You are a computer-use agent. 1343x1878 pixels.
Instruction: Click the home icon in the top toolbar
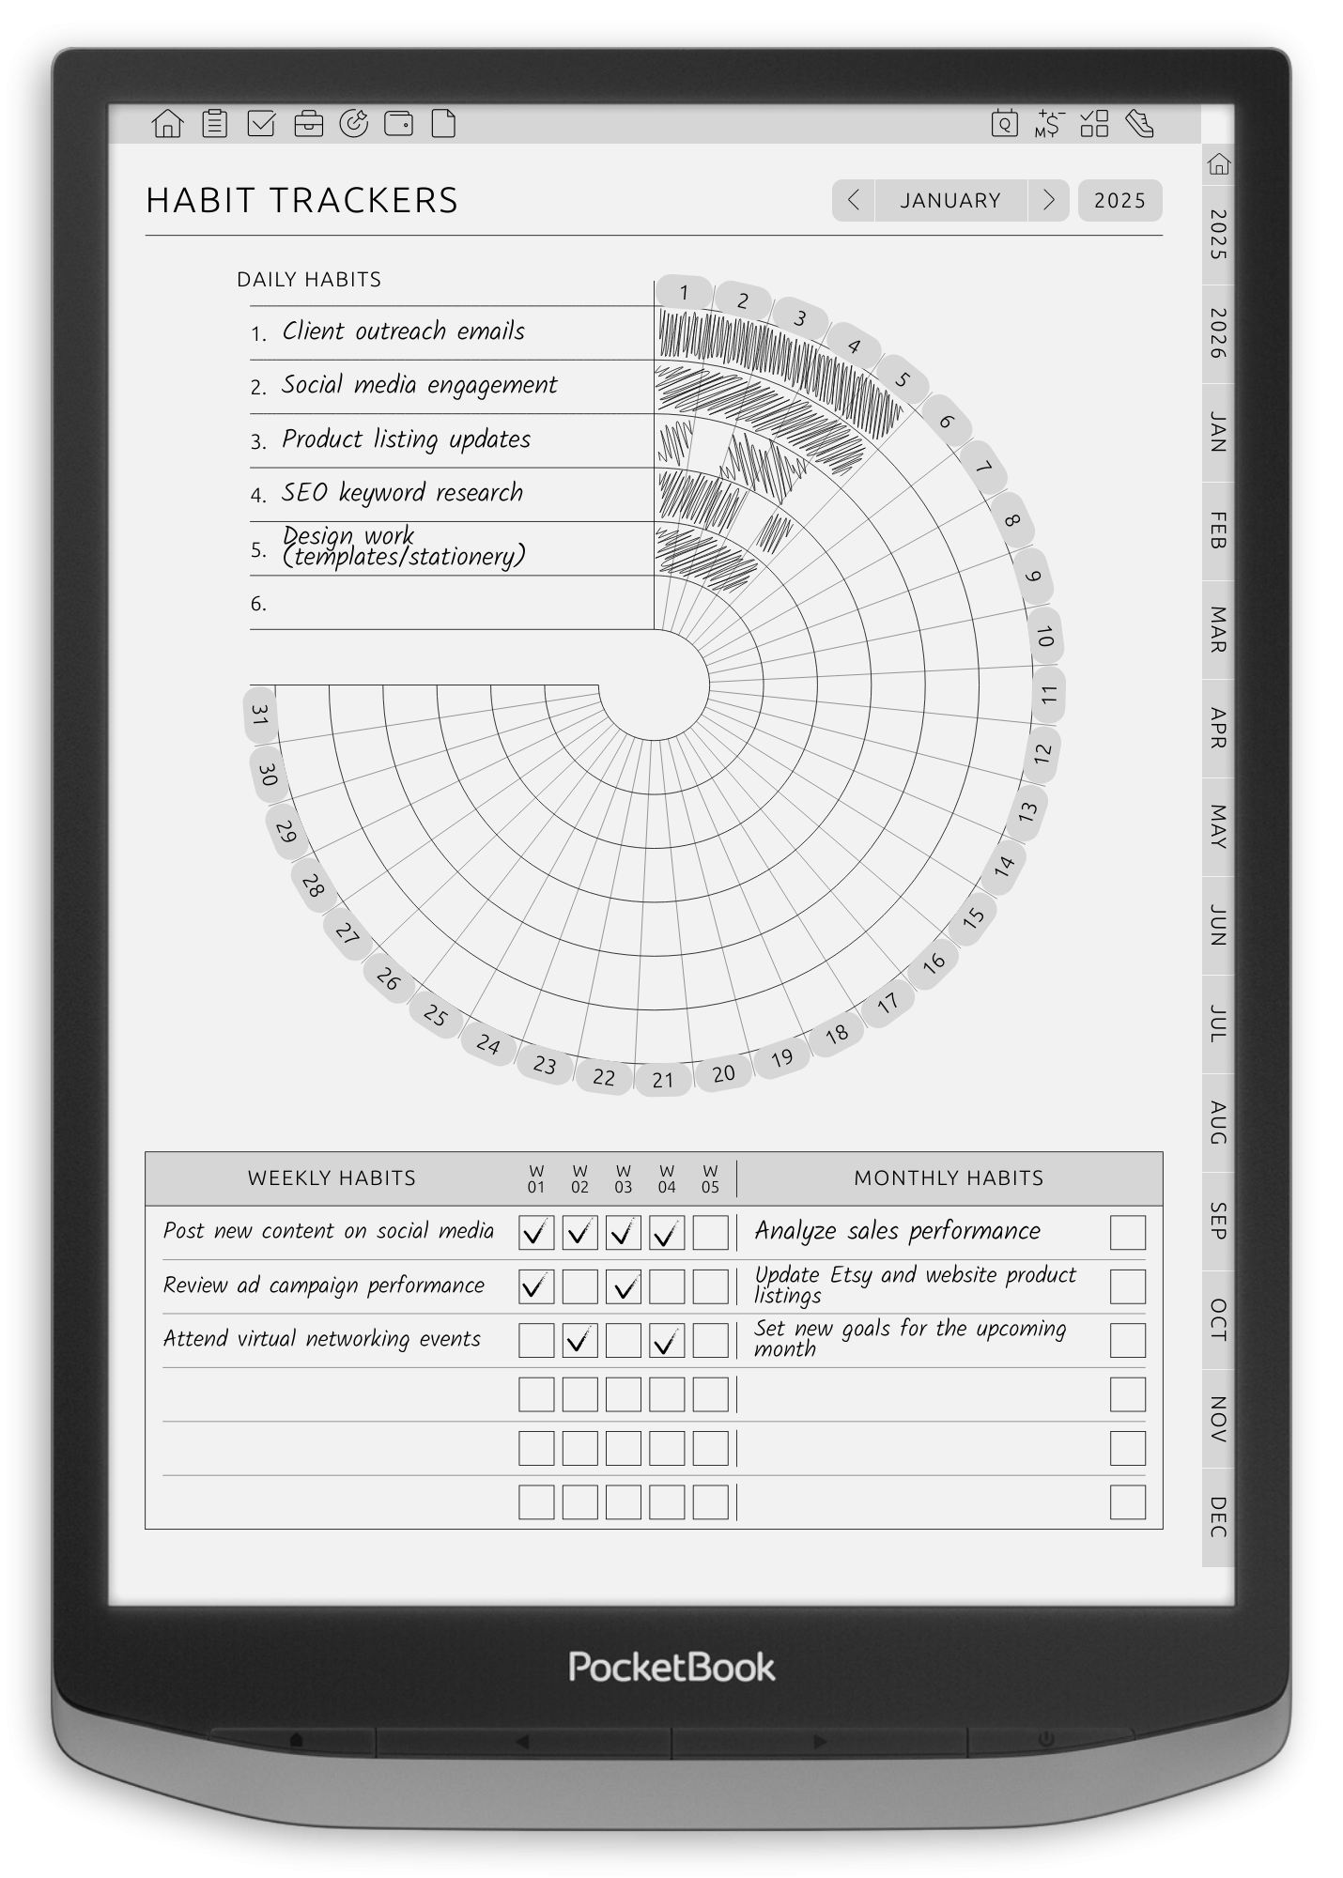167,123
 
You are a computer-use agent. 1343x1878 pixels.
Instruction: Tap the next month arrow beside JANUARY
1048,200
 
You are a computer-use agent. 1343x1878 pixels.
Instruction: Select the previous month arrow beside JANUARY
853,200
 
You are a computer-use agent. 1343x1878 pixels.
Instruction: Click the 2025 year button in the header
1119,200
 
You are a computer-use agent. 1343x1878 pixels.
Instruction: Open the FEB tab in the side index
1217,531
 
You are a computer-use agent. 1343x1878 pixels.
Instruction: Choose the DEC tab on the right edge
1217,1516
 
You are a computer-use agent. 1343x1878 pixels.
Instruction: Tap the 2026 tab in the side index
1217,333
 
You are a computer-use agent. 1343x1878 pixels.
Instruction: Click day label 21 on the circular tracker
663,1080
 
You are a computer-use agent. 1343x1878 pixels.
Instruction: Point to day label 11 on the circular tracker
1048,696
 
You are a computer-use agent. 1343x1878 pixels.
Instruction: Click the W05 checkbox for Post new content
710,1232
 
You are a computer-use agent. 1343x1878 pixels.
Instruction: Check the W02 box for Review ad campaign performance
579,1286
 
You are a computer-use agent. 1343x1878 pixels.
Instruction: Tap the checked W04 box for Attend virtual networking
667,1340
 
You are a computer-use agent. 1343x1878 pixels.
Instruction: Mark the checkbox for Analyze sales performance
1127,1232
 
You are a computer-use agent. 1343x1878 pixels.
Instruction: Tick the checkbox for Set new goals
1127,1340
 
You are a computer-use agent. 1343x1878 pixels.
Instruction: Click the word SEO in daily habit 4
304,493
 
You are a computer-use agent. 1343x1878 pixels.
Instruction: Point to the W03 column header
624,1178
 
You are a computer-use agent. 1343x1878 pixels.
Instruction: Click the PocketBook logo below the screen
671,1667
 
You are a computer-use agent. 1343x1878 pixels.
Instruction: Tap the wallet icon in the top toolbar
399,123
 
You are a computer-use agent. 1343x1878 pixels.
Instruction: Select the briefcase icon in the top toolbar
308,123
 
